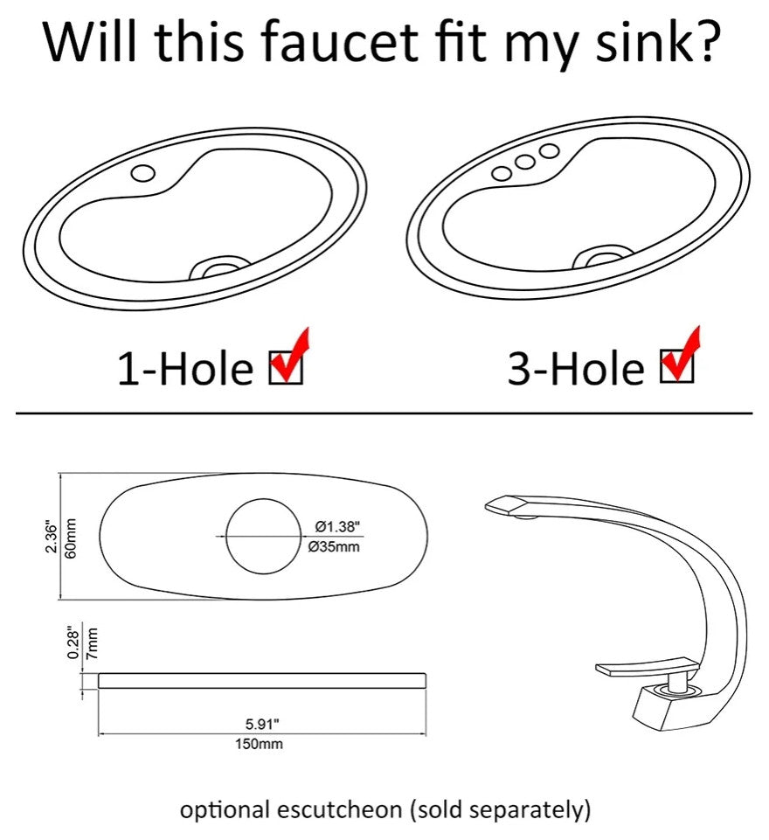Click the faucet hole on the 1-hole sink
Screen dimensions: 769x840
point(143,172)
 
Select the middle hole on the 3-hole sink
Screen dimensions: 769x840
point(525,162)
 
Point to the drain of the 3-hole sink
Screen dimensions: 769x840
point(604,255)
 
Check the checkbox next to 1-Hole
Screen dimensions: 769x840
point(286,367)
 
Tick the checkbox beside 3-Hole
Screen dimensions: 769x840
point(677,365)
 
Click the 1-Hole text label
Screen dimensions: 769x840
point(185,369)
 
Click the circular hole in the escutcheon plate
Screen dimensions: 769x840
point(264,536)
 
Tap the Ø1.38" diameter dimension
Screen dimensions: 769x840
point(337,526)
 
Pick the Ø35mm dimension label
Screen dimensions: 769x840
point(334,546)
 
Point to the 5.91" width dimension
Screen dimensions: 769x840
point(262,725)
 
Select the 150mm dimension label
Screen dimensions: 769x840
point(260,744)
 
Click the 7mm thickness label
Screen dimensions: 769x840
point(92,642)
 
